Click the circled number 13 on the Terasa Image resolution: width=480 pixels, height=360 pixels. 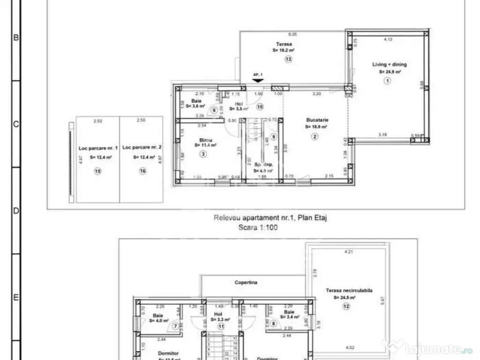(288, 59)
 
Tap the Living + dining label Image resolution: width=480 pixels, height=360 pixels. (390, 65)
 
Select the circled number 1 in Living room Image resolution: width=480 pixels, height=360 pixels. (387, 81)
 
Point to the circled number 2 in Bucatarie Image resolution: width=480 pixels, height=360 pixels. (315, 137)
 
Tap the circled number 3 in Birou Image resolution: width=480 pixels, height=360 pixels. (202, 154)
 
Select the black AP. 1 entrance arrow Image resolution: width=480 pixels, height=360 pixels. (257, 80)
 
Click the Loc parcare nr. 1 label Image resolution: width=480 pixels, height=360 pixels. (97, 147)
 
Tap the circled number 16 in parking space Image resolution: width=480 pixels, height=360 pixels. (142, 172)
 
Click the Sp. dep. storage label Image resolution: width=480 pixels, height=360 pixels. (263, 165)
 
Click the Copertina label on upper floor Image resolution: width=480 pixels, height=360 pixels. (246, 283)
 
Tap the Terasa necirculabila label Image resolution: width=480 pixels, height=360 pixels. (349, 291)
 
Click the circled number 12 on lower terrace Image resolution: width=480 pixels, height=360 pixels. (346, 307)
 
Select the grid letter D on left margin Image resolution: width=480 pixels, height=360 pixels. (15, 211)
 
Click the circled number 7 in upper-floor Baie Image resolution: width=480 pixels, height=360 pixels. (175, 325)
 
